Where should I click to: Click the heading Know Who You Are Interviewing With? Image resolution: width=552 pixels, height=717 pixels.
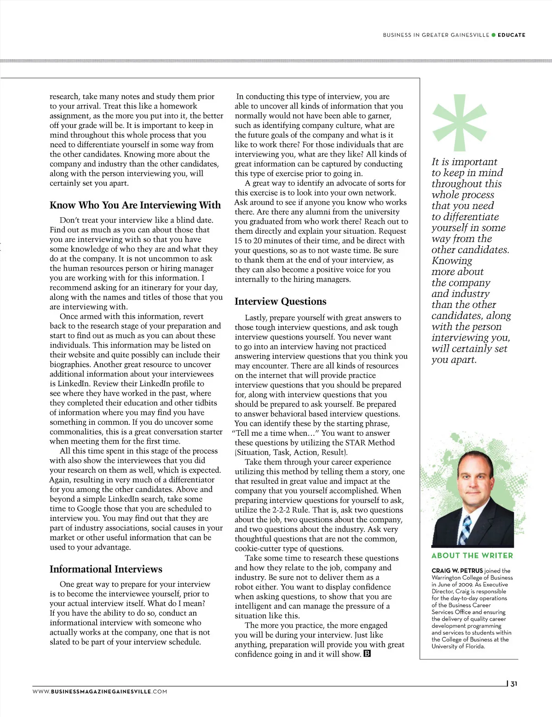point(135,205)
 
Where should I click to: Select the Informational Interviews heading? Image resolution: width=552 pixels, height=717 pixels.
point(106,569)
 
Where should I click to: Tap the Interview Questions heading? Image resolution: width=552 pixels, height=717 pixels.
point(281,301)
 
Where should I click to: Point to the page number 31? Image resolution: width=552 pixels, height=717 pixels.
point(514,684)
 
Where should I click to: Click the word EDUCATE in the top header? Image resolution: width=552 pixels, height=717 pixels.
point(512,35)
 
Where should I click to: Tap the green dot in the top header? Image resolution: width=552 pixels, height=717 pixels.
point(494,35)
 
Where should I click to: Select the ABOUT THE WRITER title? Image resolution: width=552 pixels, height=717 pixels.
point(472,555)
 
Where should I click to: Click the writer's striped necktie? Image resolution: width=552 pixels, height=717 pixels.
point(466,530)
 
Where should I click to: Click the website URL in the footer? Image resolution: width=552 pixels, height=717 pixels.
point(100,691)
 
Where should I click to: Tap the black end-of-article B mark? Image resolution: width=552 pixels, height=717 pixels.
point(367,654)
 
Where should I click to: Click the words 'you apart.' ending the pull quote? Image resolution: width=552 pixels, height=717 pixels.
point(454,360)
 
